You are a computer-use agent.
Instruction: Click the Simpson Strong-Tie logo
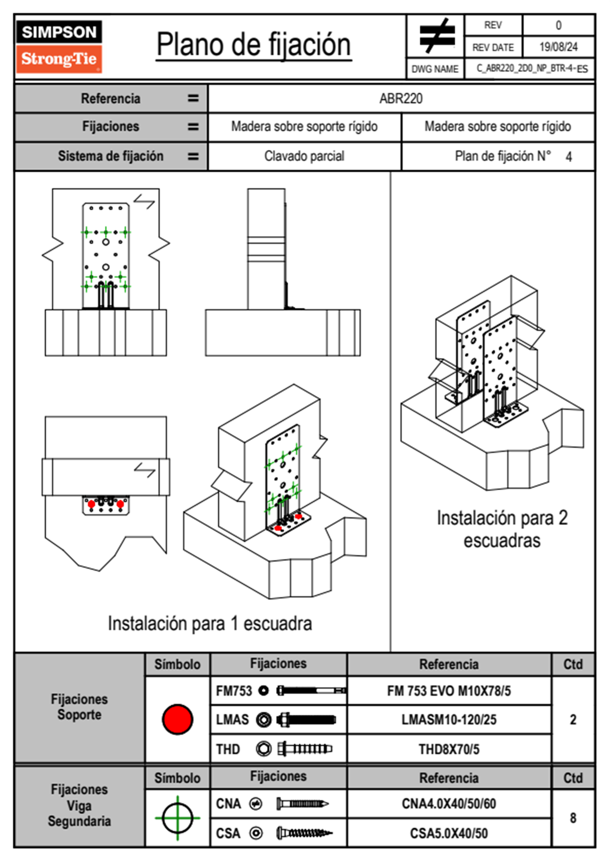(x=59, y=46)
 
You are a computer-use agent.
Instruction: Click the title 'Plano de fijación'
(x=254, y=45)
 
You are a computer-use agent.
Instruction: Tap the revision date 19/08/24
(x=558, y=47)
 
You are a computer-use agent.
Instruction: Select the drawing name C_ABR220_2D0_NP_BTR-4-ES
(x=532, y=69)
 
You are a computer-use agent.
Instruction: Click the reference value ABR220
(x=401, y=98)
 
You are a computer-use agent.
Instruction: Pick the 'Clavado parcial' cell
(x=304, y=156)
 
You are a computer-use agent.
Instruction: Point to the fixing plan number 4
(x=568, y=157)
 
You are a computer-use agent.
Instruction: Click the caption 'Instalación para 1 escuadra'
(x=210, y=624)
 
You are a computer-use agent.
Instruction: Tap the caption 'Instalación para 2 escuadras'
(x=502, y=529)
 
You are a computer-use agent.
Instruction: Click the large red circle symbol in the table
(x=177, y=719)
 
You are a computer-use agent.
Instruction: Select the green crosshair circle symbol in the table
(x=177, y=818)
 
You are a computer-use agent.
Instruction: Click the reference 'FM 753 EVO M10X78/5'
(x=449, y=691)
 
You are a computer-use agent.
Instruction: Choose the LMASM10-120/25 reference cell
(x=449, y=720)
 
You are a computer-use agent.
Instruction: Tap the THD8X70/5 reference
(x=449, y=749)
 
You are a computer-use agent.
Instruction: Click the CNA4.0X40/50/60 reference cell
(x=449, y=804)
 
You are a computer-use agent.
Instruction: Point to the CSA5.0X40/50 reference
(x=449, y=833)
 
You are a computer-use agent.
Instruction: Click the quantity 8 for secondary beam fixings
(x=573, y=818)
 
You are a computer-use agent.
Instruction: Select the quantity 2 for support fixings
(x=573, y=720)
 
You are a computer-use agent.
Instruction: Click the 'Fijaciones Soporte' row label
(x=79, y=707)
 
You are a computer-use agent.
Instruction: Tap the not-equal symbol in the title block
(x=436, y=36)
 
